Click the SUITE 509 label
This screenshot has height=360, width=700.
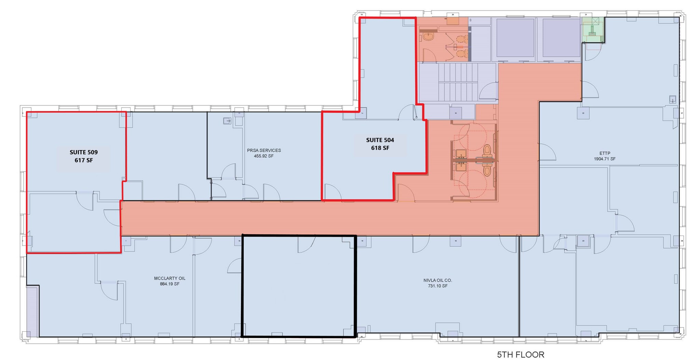click(x=84, y=152)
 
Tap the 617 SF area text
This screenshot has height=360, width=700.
click(x=84, y=160)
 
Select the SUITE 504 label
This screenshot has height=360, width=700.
click(x=380, y=140)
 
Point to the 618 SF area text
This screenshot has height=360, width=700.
click(x=380, y=148)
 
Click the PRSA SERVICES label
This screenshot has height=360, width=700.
click(x=264, y=150)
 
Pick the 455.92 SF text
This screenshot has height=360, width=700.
click(x=264, y=156)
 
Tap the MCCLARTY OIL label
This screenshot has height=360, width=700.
click(x=170, y=278)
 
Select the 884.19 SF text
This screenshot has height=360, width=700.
click(x=170, y=284)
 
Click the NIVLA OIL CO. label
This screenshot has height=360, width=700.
click(x=437, y=280)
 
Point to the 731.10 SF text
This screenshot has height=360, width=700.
click(x=437, y=286)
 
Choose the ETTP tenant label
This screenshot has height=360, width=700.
click(x=605, y=153)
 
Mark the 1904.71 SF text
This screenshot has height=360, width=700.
click(x=605, y=159)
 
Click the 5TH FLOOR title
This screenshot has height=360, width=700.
click(x=521, y=355)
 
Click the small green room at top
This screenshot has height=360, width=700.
click(x=593, y=30)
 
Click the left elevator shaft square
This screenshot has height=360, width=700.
click(x=515, y=38)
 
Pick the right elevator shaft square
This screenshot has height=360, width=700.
click(x=561, y=38)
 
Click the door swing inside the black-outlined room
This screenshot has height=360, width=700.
click(x=306, y=244)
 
